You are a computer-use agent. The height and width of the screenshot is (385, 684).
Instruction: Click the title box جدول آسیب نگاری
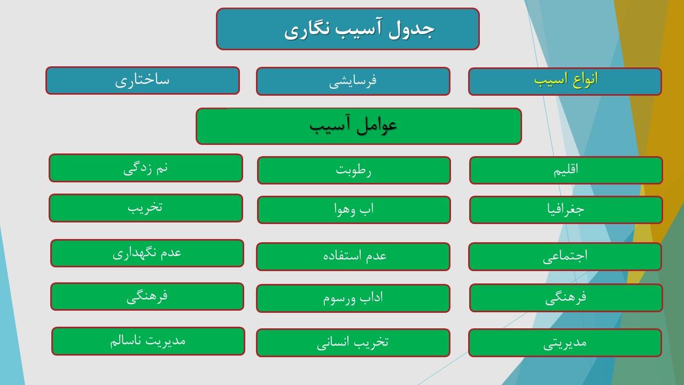(x=348, y=29)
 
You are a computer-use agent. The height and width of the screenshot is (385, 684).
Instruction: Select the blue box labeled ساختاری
(x=143, y=81)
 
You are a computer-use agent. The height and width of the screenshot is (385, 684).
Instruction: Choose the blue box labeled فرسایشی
(x=353, y=81)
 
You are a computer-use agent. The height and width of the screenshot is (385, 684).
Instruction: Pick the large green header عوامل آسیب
(x=359, y=126)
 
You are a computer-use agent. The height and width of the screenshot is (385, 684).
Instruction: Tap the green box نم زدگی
(x=146, y=168)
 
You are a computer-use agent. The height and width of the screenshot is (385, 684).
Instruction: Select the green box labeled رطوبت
(x=354, y=170)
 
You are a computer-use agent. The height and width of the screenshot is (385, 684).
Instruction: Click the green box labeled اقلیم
(x=566, y=170)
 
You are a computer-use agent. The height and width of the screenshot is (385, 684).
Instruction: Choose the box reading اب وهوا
(x=354, y=210)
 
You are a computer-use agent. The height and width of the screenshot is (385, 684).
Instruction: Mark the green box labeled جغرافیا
(x=566, y=210)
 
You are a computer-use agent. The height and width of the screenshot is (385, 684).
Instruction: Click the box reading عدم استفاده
(x=353, y=257)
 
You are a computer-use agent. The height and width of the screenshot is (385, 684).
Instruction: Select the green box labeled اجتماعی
(x=565, y=257)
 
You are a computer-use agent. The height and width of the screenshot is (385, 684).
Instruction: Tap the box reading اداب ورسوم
(x=353, y=298)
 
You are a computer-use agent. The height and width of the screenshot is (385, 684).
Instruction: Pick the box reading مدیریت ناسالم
(x=148, y=341)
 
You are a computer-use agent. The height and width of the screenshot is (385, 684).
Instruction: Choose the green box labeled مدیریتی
(x=565, y=343)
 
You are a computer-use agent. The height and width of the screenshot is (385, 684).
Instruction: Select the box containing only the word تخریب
(x=146, y=208)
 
